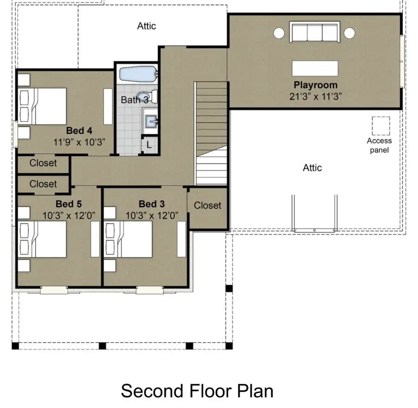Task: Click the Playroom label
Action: coord(315,86)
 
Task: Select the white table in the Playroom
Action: coord(314,69)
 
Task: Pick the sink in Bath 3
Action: coord(151,121)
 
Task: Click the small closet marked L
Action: coord(149,145)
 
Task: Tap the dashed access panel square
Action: coord(380,125)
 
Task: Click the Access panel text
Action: coord(379,145)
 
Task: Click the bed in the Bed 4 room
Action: coord(43,106)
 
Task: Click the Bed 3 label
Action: coord(151,204)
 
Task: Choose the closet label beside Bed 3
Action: coord(208,205)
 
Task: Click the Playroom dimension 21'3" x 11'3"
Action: coord(315,97)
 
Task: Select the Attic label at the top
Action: coord(146,26)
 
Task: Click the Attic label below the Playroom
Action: coord(312,168)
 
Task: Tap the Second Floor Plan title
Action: coord(197,391)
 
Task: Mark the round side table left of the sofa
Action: coord(279,33)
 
